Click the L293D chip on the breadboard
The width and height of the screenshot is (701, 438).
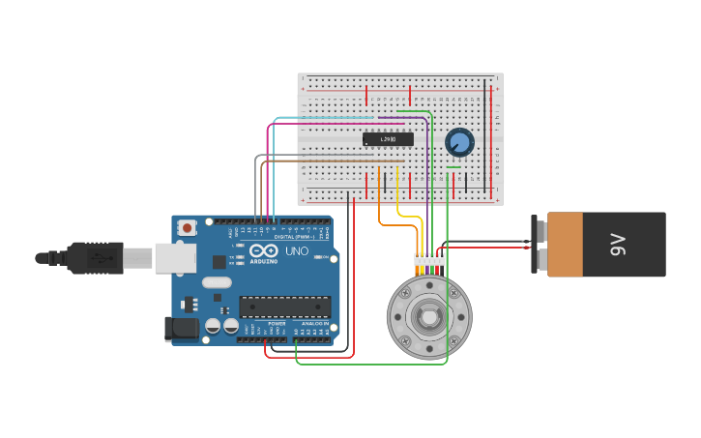[388, 139]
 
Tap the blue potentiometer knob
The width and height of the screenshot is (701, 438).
[459, 143]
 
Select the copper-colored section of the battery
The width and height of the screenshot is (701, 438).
[565, 245]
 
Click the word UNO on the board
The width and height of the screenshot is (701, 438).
[296, 251]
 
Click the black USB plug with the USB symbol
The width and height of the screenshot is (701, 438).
[95, 258]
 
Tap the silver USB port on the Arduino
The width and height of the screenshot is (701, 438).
[175, 257]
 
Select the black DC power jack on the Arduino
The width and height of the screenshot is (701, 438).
[181, 329]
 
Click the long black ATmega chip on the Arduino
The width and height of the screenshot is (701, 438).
[285, 307]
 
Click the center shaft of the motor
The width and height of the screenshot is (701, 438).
[428, 316]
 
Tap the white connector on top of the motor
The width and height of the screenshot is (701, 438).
[429, 260]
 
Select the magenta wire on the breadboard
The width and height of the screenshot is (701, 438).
[329, 124]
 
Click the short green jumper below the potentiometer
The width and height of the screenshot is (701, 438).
[453, 166]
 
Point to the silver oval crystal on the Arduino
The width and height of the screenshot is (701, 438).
[217, 282]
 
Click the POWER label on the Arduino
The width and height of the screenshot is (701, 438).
[263, 323]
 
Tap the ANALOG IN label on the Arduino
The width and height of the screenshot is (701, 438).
[314, 323]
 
